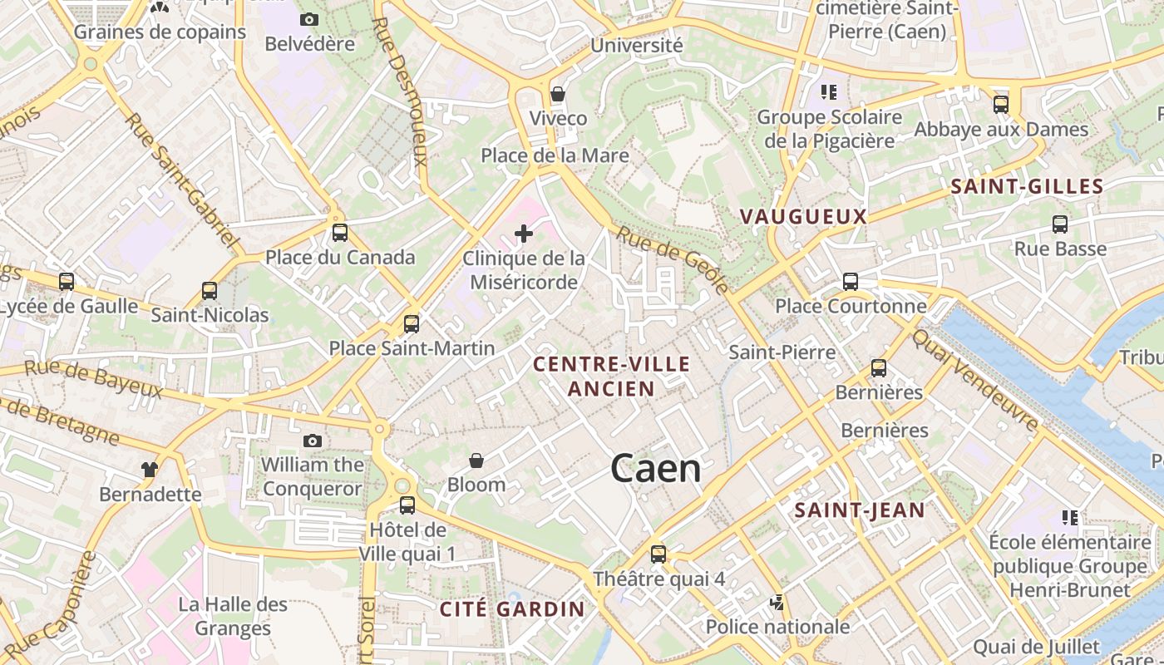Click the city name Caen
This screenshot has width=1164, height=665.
pos(655,469)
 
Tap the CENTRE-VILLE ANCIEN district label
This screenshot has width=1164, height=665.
pos(611,376)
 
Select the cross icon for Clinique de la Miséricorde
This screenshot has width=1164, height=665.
pos(524,234)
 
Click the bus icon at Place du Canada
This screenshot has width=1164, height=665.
pos(339,233)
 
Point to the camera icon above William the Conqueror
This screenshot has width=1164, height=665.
pos(313,441)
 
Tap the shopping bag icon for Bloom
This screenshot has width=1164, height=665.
pos(476,461)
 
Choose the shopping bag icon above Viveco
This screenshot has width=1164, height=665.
pos(558,94)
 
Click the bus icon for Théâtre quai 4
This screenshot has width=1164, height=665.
pos(658,554)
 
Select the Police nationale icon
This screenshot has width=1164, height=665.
pos(777,602)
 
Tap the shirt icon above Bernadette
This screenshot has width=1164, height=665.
pos(150,470)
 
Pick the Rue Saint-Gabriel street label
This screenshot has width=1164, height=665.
pos(181,182)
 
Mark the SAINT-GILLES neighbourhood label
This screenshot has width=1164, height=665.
pos(1027,187)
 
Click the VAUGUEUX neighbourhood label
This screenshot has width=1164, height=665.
pos(803,217)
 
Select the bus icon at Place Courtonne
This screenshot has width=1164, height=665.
pos(851,282)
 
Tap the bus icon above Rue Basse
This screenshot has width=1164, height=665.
pos(1060,224)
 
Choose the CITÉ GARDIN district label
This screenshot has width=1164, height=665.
pos(512,608)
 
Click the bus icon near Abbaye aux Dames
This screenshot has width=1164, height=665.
pos(1001,105)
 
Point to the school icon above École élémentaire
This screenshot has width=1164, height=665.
pos(1070,518)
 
